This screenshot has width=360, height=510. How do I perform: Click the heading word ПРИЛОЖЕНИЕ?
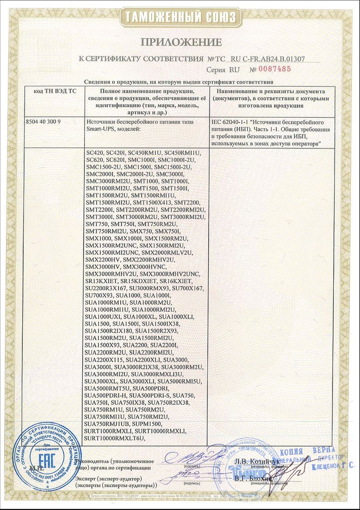click(180, 42)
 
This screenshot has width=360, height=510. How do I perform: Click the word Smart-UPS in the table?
click(101, 129)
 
